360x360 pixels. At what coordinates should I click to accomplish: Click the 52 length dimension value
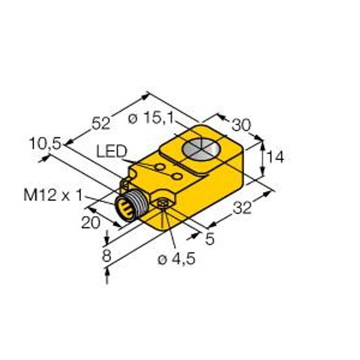click(101, 123)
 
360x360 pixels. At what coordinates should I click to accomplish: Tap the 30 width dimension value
click(241, 125)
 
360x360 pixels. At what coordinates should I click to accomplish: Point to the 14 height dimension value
click(276, 157)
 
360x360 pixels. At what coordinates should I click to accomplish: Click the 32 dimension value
click(242, 208)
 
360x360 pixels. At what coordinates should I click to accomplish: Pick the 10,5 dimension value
click(45, 144)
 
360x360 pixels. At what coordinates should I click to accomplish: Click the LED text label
click(112, 151)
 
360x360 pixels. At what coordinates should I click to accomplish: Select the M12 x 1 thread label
click(53, 196)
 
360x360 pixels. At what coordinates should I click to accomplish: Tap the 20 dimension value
click(91, 223)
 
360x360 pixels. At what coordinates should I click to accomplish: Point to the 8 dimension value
click(107, 256)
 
